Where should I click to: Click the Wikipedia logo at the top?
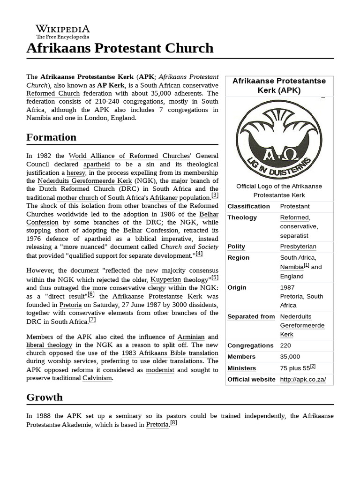63,31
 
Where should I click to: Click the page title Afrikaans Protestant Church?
120,48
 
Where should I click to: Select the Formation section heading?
52,137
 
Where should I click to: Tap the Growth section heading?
45,397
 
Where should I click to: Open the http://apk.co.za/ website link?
303,379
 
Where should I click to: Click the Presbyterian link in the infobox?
298,247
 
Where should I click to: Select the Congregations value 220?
285,345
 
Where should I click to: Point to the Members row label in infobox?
241,357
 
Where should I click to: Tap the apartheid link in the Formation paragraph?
97,165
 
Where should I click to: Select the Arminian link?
191,337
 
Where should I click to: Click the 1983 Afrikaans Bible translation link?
169,353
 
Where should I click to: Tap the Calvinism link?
97,378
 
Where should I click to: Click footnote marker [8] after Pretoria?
173,422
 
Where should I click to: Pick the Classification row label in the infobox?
248,206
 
